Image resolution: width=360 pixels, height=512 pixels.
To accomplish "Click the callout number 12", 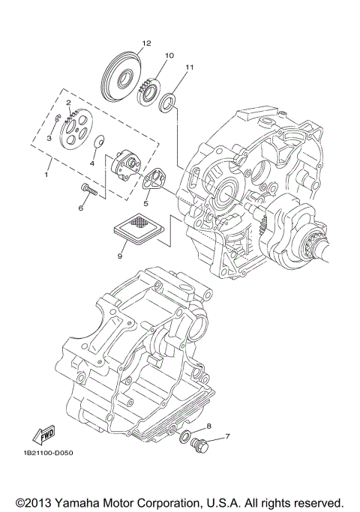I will (146, 43).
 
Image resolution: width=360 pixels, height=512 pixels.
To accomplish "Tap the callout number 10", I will (169, 55).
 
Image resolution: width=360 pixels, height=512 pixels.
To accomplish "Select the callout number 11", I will (190, 67).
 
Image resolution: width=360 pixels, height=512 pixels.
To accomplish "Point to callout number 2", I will (67, 103).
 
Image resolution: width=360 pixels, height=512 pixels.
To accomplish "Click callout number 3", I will (49, 139).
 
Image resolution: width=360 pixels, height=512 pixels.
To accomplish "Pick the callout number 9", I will (119, 256).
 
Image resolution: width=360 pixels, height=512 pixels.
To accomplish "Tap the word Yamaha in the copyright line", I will (77, 499).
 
